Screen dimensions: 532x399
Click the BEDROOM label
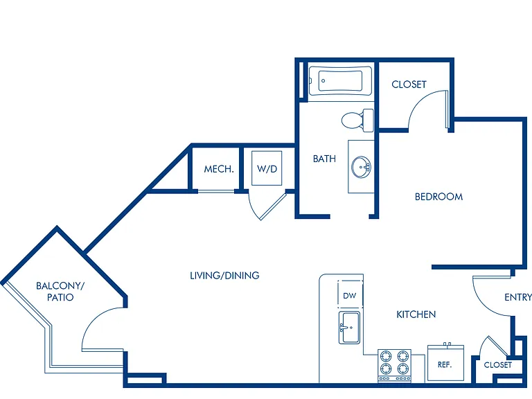438,197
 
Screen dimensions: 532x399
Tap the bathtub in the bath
340,81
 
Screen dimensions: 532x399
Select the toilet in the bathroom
357,121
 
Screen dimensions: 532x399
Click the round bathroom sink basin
361,167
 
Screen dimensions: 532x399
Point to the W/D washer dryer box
267,168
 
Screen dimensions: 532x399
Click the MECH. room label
219,169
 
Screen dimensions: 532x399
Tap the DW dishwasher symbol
350,294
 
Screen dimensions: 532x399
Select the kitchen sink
349,328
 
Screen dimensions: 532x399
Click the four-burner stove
394,366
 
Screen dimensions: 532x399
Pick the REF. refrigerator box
445,363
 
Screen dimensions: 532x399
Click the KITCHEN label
416,314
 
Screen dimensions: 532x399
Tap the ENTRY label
518,298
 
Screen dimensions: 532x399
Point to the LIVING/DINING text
224,275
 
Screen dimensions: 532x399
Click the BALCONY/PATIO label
60,292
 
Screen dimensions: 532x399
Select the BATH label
324,159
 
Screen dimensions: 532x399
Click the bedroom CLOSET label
409,84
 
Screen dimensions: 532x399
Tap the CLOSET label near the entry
498,365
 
